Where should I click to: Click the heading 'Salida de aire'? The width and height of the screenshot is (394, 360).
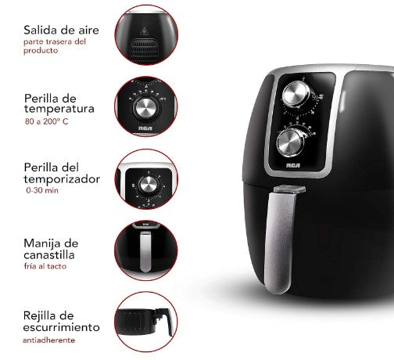coord(61,30)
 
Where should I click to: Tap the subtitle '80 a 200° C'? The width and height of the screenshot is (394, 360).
coord(47,121)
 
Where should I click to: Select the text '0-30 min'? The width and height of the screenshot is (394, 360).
coord(42,190)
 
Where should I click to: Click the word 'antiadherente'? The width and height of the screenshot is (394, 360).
coord(49,340)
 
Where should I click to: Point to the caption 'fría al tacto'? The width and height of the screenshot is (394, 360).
coord(45,266)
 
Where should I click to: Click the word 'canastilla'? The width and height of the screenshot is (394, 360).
coord(49,255)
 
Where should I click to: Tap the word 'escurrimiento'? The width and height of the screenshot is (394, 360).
coord(62,327)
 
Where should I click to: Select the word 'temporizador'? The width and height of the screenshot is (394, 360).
coord(62,180)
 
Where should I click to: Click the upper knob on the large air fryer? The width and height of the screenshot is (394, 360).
coord(296,94)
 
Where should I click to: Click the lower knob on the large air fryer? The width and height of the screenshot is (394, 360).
coord(290,143)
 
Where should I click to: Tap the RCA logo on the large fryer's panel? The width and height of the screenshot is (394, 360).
coord(293,166)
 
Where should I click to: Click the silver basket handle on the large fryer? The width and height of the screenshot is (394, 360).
coord(279,242)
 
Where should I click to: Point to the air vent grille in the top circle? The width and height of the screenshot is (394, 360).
coord(145,49)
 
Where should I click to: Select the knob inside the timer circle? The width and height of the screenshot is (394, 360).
coord(148,185)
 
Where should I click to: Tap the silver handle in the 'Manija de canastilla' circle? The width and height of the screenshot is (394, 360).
coord(145,252)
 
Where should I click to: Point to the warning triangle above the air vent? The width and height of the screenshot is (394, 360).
coord(143,31)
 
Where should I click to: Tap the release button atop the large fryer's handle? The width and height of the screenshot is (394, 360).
coord(289,189)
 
